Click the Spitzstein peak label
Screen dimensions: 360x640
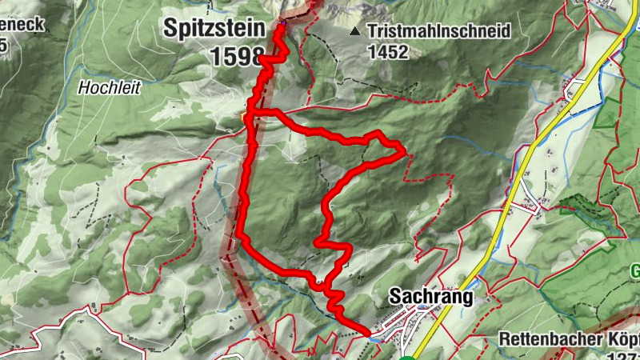[x=214, y=29]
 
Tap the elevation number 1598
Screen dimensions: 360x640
[x=238, y=56]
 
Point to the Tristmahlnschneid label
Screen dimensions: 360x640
[x=439, y=32]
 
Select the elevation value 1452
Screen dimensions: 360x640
[x=389, y=53]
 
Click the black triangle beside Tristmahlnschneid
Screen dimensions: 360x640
[x=354, y=32]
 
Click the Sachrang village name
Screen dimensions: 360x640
[x=430, y=297]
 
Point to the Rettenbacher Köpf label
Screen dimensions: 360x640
[x=569, y=338]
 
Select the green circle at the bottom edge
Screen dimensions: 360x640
[x=407, y=357]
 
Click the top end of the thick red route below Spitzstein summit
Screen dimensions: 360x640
[x=282, y=24]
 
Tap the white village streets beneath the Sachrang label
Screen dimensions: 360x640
[x=400, y=320]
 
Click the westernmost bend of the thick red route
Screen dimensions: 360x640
[x=238, y=234]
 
